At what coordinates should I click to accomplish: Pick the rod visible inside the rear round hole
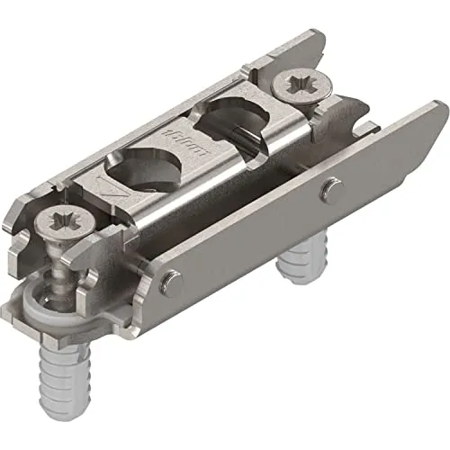(241, 133)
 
